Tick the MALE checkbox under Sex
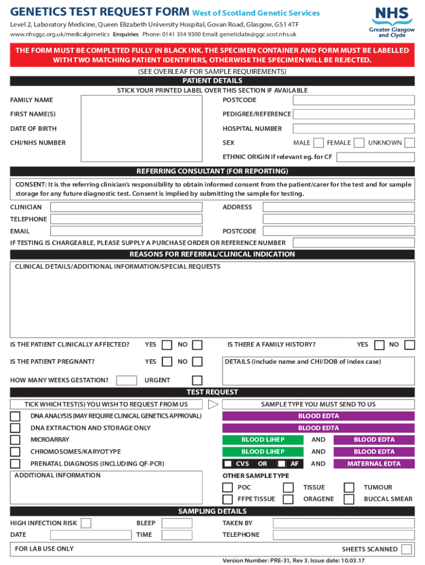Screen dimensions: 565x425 [x=318, y=143]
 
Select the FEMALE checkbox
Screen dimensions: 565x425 [x=358, y=143]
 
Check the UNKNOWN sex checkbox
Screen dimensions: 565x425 [x=409, y=143]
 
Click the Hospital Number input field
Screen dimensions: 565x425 [x=353, y=129]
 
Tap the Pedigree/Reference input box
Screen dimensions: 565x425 [x=353, y=114]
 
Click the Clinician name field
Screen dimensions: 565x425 [x=126, y=207]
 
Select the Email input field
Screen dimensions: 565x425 [x=126, y=231]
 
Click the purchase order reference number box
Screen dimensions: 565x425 [x=353, y=243]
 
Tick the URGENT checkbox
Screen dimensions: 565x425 [x=197, y=380]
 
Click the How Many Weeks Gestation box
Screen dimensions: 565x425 [x=127, y=380]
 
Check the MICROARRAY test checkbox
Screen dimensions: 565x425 [x=15, y=440]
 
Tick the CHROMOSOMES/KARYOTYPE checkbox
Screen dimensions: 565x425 [x=15, y=452]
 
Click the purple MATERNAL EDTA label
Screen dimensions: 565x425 [x=374, y=464]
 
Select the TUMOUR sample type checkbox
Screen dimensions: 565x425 [x=349, y=487]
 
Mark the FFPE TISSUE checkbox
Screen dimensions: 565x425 [x=227, y=499]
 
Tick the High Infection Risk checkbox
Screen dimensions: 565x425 [x=86, y=523]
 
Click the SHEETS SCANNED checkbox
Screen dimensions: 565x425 [x=407, y=549]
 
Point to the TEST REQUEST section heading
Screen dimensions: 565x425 [x=212, y=392]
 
